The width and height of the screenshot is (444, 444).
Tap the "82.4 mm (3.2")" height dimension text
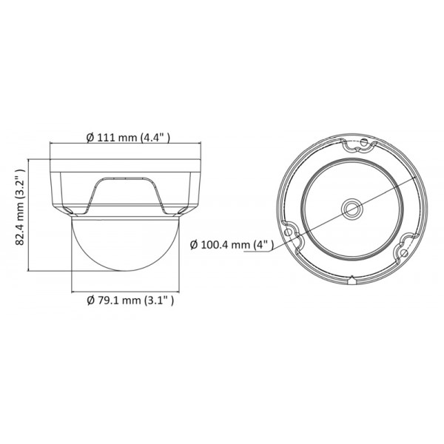(21, 208)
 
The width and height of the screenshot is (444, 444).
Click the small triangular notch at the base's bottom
(351, 280)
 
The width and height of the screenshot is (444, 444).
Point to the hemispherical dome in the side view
(125, 252)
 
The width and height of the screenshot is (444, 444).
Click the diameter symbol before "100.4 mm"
(194, 245)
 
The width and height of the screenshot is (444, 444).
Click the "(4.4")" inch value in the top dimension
(156, 137)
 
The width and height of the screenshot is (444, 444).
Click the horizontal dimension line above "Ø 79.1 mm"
(125, 292)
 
